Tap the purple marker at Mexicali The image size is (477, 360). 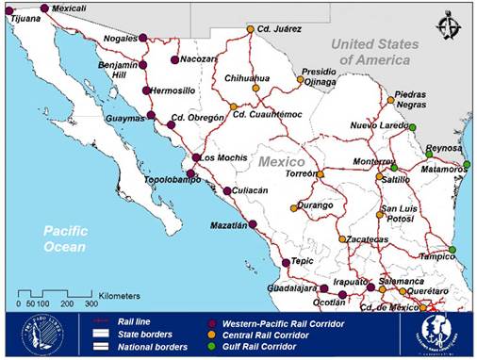click(x=44, y=8)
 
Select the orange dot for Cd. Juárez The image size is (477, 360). click(x=251, y=28)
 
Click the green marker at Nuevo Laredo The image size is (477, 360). click(x=412, y=127)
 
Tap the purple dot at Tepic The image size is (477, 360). click(x=287, y=263)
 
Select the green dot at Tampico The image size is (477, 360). click(x=452, y=250)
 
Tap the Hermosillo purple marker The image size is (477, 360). click(x=145, y=90)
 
